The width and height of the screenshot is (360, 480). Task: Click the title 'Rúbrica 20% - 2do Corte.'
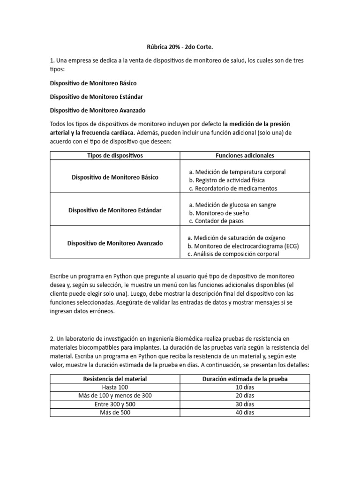180,48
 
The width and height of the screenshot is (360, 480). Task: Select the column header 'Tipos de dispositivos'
115,155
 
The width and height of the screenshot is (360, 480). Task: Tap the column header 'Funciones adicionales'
245,155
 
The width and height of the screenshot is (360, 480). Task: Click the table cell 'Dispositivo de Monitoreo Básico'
115,178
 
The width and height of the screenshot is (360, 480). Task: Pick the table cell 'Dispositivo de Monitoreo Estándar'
115,210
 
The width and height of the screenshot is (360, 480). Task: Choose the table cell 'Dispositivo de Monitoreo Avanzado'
115,243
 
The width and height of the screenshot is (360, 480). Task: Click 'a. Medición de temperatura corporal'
237,172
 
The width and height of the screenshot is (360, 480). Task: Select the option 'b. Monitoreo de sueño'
218,212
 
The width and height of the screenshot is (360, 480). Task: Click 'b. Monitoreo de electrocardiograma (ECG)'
243,246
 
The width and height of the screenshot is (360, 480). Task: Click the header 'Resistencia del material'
115,379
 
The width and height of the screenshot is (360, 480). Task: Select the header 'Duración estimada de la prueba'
245,379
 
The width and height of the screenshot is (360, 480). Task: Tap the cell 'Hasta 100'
115,387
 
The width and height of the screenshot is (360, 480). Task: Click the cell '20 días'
245,396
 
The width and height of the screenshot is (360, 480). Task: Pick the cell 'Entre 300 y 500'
115,404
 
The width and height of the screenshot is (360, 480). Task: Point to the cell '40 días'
245,412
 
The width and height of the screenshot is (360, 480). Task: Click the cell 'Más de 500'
115,412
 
